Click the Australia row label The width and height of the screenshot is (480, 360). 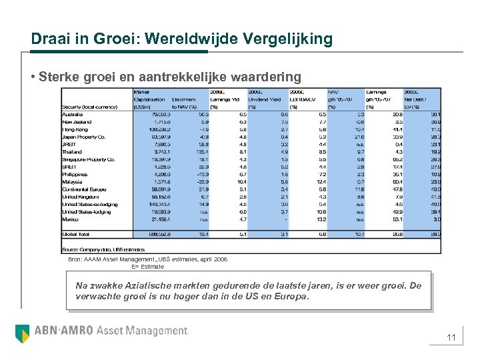[73, 115]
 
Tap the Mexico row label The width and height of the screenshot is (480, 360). [71, 219]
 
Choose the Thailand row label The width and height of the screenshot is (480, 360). [73, 152]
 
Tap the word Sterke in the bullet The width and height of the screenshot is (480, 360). [56, 77]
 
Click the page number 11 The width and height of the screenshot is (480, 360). [451, 338]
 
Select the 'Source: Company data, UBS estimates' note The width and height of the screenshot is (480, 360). [93, 249]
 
